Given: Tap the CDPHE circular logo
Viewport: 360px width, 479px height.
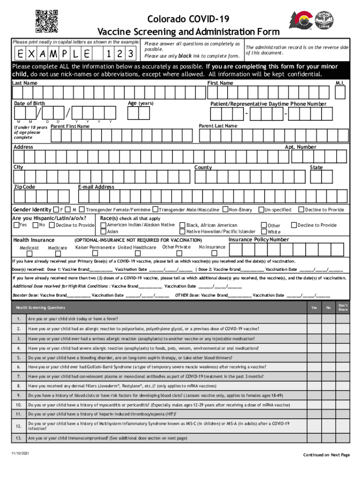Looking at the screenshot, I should (x=324, y=21).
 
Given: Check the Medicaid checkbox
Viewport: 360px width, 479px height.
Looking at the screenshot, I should (x=29, y=254).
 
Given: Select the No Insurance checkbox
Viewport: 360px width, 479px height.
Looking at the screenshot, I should (x=212, y=254).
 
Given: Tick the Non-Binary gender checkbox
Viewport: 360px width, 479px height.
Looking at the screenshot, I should (x=225, y=210).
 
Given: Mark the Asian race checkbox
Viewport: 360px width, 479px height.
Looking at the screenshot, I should (x=103, y=231).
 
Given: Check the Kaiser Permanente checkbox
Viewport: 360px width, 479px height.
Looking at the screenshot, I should (x=95, y=254).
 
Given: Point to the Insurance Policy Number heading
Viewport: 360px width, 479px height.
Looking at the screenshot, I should (x=259, y=239).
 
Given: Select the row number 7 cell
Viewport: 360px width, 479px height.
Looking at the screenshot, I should (x=18, y=376).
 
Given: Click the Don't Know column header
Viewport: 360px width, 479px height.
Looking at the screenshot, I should (x=343, y=307).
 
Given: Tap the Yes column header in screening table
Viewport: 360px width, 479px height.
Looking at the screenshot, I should (x=314, y=307).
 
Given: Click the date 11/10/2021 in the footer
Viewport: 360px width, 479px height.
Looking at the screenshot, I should (x=20, y=454).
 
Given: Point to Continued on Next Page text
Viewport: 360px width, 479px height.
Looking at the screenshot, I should (x=326, y=455).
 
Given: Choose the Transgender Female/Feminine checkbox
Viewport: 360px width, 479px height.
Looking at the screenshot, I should (x=81, y=210).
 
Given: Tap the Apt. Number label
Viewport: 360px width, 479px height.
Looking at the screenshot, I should (x=300, y=147).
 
